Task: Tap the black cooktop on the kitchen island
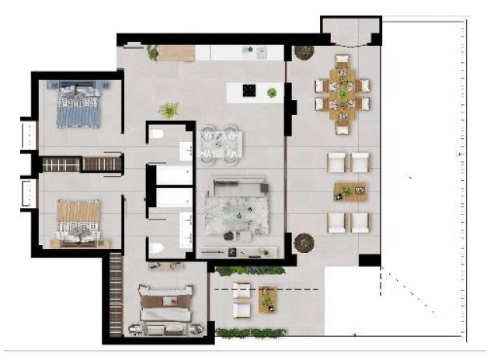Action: pos(251,91)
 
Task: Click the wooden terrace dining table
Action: pos(342,94)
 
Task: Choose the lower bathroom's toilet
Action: pos(158,247)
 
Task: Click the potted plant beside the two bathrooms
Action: pos(169,110)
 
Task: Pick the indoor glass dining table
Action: pos(220,145)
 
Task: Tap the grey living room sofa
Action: pos(237,189)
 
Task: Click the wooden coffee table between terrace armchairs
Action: pos(349,191)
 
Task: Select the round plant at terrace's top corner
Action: pos(301,52)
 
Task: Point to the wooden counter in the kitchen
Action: pos(175,53)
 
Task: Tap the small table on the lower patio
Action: pos(268,297)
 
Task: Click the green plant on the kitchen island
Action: pos(272,93)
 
